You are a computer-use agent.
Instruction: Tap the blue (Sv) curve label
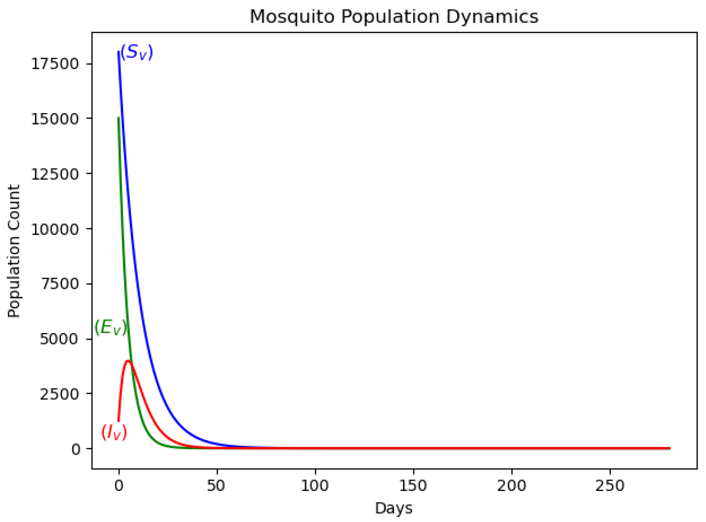[136, 52]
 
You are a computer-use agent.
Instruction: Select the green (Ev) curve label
[111, 327]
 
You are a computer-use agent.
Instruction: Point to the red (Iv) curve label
[114, 432]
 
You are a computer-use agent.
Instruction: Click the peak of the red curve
[128, 361]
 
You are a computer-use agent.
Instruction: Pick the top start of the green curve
[119, 118]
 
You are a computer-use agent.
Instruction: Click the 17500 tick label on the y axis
[55, 64]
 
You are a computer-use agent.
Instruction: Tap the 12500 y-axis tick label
[55, 174]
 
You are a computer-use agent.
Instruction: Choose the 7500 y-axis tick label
[59, 284]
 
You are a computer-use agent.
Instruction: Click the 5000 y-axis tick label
[59, 339]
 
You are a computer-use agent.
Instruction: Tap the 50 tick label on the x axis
[216, 486]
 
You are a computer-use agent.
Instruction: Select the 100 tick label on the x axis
[315, 486]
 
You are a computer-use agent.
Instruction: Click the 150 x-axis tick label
[413, 486]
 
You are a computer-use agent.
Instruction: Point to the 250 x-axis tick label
[610, 486]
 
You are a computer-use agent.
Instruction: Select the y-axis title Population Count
[14, 251]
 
